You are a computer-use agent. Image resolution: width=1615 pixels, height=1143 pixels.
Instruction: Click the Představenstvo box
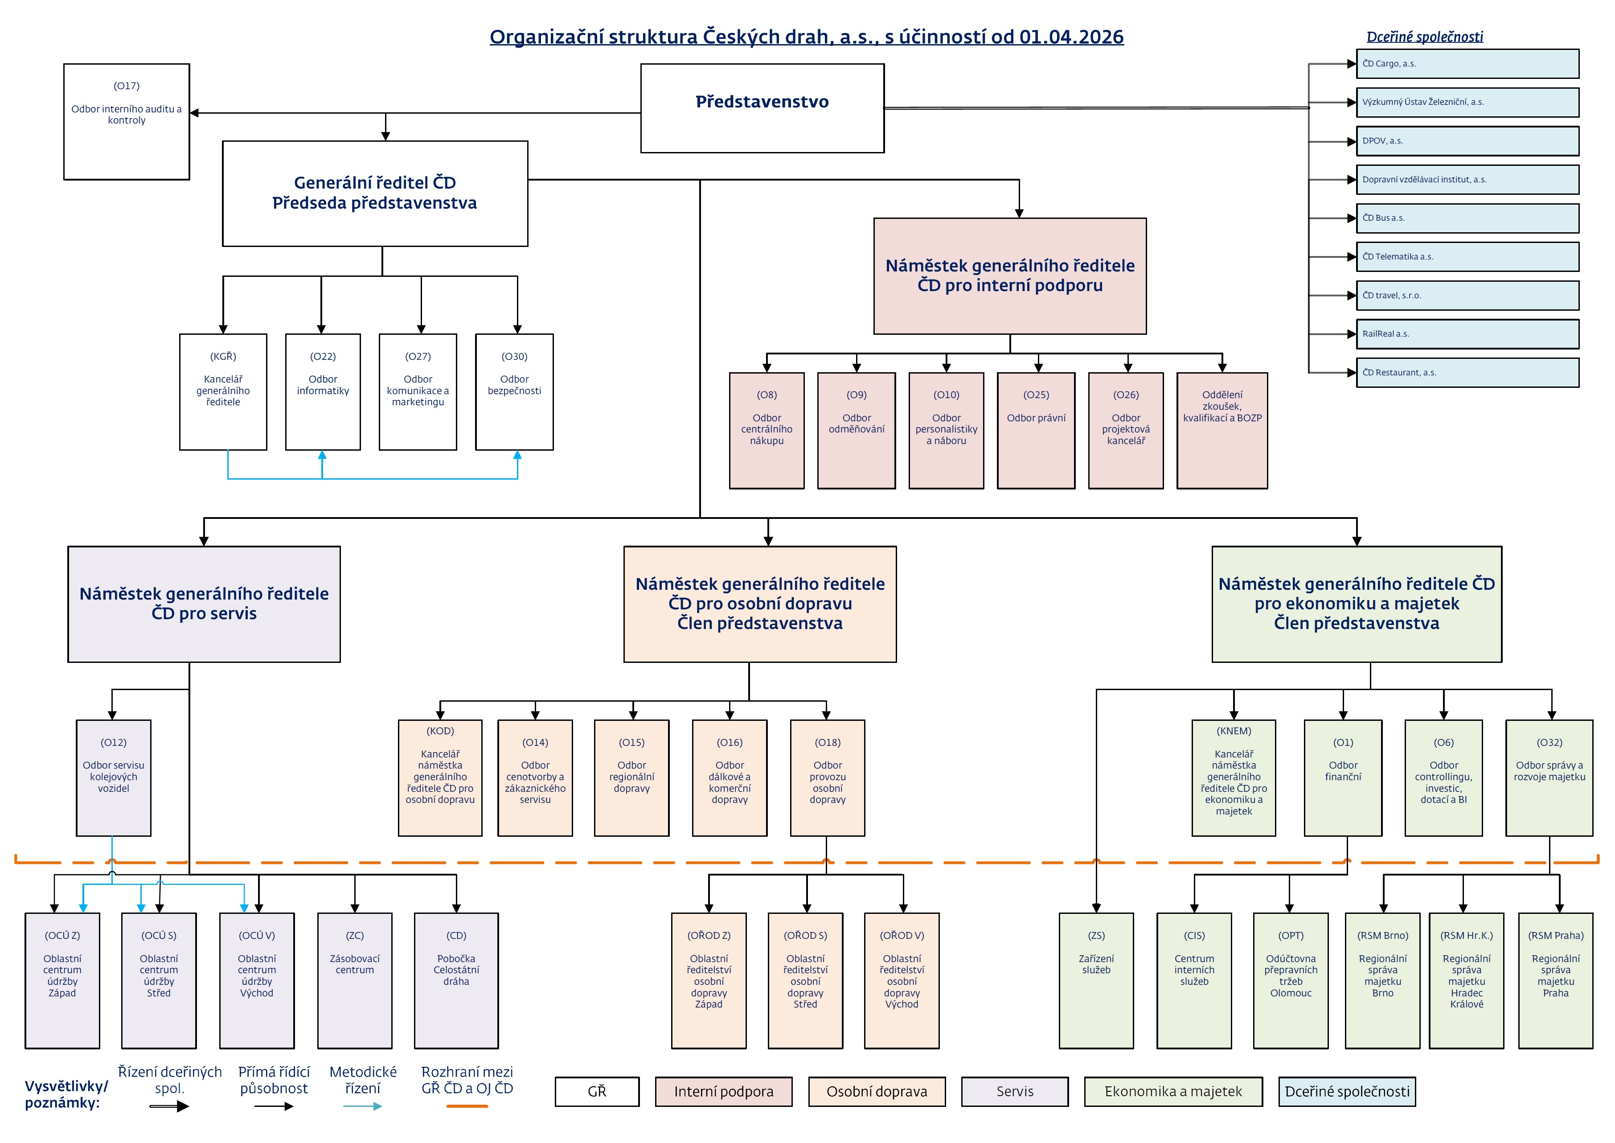point(762,108)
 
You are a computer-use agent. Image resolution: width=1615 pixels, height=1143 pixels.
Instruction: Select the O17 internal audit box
point(127,122)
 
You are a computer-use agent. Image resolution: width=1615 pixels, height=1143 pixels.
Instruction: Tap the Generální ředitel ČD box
point(375,193)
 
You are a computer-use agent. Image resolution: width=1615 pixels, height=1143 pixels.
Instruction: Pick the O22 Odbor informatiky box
point(323,392)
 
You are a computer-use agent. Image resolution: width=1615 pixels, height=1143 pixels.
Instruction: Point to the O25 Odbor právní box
point(1036,431)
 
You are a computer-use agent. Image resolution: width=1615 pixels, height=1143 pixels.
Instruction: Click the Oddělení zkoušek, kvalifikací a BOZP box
point(1222,431)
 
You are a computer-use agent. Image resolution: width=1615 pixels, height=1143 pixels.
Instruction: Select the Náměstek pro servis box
point(204,604)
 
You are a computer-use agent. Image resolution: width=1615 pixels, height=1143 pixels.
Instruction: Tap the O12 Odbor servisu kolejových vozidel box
point(113,778)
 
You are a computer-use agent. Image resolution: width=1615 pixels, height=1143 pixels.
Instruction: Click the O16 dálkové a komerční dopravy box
point(730,778)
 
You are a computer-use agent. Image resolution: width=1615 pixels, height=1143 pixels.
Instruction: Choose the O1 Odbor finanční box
point(1343,778)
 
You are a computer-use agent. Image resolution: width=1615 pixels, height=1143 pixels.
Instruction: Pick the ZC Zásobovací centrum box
point(355,980)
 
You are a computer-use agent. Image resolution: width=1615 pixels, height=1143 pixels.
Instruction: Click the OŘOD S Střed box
point(805,980)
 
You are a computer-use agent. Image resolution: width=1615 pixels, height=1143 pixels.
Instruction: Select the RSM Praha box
point(1555,980)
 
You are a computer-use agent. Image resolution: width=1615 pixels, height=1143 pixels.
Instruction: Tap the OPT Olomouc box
point(1291,980)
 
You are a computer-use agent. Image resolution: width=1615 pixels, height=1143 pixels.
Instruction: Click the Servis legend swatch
point(1014,1092)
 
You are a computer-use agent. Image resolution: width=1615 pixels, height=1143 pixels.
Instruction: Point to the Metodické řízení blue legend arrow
point(363,1106)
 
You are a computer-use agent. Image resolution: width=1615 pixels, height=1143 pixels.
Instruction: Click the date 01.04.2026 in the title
point(1071,37)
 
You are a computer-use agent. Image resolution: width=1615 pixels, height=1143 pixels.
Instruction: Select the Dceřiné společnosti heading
point(1424,37)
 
